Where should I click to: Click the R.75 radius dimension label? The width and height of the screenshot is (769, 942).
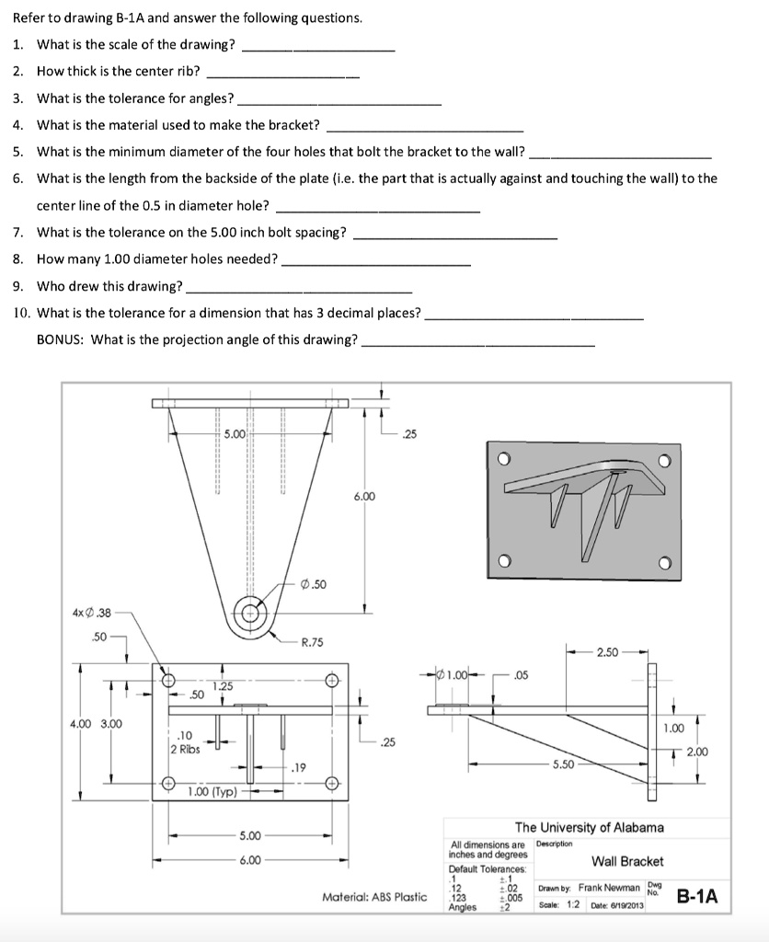coord(313,642)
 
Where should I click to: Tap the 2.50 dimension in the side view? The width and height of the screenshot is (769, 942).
coord(607,652)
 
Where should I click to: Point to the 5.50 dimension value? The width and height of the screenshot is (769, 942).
coord(564,764)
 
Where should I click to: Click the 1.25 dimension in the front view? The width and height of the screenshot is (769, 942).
coord(224,685)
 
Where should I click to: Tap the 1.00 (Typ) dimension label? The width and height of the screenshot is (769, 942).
coord(212,791)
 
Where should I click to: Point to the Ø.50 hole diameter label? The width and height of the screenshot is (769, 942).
coord(314,584)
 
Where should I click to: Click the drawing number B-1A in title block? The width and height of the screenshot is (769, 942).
coord(697,896)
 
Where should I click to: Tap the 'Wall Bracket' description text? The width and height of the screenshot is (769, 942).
coord(626,861)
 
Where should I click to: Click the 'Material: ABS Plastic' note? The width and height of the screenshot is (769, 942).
coord(374,897)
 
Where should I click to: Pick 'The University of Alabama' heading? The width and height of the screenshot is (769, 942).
coord(589,827)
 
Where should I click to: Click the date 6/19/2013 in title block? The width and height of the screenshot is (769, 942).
coord(625,906)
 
